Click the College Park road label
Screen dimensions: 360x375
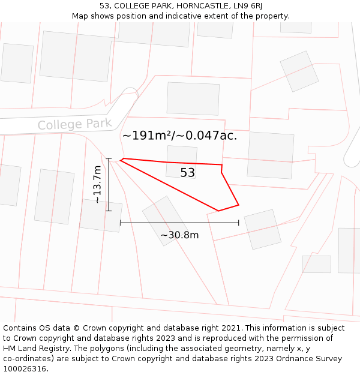pyautogui.click(x=74, y=124)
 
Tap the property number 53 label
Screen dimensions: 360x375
pyautogui.click(x=188, y=173)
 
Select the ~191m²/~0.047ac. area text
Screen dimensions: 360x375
pyautogui.click(x=179, y=136)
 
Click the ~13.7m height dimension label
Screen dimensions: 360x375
pyautogui.click(x=98, y=185)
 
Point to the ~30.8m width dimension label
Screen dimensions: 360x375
pyautogui.click(x=179, y=235)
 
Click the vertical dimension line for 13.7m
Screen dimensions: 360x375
pyautogui.click(x=109, y=185)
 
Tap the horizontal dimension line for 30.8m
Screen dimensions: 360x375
pyautogui.click(x=179, y=223)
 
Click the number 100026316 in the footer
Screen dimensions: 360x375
pyautogui.click(x=24, y=368)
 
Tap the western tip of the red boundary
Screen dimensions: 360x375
pyautogui.click(x=122, y=159)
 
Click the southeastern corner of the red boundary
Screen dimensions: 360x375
pyautogui.click(x=238, y=205)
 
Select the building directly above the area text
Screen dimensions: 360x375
pyautogui.click(x=193, y=98)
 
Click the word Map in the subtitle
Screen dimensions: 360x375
pyautogui.click(x=80, y=16)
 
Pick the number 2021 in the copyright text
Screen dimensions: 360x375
pyautogui.click(x=230, y=328)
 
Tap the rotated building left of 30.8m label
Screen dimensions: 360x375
pyautogui.click(x=164, y=220)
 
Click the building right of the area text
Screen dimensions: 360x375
pyautogui.click(x=270, y=155)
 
